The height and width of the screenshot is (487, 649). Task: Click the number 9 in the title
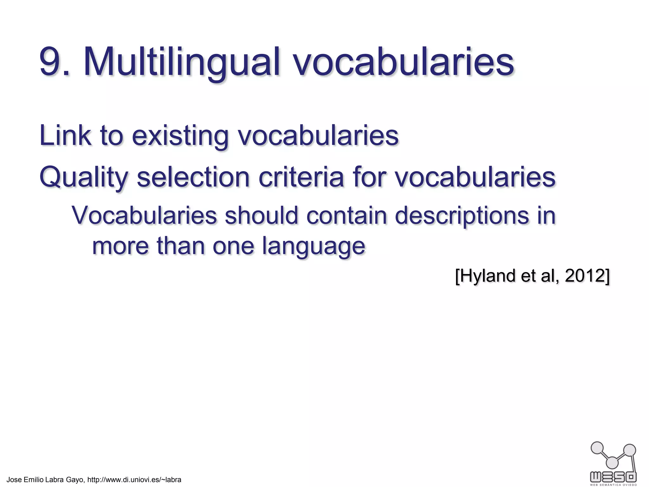(x=51, y=62)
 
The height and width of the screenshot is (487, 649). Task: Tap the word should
(x=261, y=216)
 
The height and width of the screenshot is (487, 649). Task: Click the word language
(x=313, y=247)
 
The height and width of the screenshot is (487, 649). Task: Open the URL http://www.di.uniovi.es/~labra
(x=134, y=480)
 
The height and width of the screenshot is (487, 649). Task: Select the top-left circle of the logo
(x=597, y=448)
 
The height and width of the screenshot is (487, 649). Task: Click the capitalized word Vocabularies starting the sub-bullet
(x=144, y=216)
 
